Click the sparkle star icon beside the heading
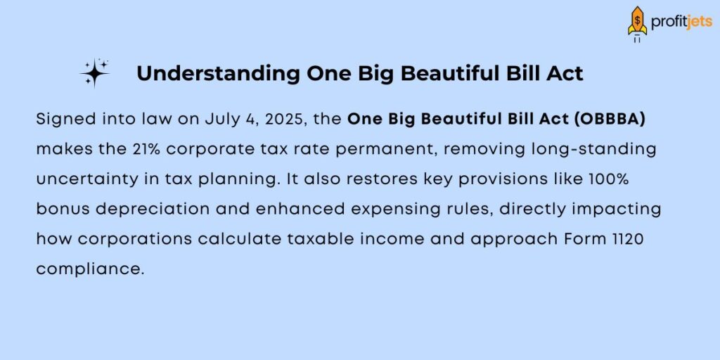click(95, 73)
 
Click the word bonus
click(60, 210)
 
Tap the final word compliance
click(89, 269)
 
